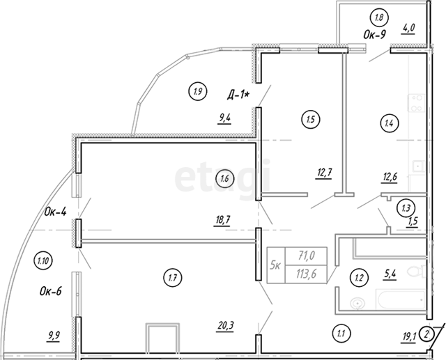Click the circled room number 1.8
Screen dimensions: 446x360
(379, 17)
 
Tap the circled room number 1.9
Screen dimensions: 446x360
(198, 91)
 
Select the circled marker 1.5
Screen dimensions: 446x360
(311, 120)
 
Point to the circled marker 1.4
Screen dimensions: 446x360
(389, 123)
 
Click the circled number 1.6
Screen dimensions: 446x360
(224, 179)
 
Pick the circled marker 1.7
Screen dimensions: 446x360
(173, 277)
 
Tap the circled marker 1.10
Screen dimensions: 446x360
(43, 260)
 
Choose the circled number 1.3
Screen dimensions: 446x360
(406, 208)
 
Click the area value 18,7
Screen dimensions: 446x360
(222, 221)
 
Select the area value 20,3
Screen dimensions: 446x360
(226, 326)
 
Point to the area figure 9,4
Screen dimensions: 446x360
(224, 119)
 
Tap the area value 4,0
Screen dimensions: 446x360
(408, 28)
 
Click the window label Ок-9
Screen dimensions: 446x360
(375, 35)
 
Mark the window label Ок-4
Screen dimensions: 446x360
(55, 212)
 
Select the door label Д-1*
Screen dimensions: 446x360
(238, 95)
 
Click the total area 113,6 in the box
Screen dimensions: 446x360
(307, 274)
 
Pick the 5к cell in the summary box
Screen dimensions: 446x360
(276, 266)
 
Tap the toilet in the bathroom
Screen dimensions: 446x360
(417, 271)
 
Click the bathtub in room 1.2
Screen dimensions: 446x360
(401, 299)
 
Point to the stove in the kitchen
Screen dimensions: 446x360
(417, 103)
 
